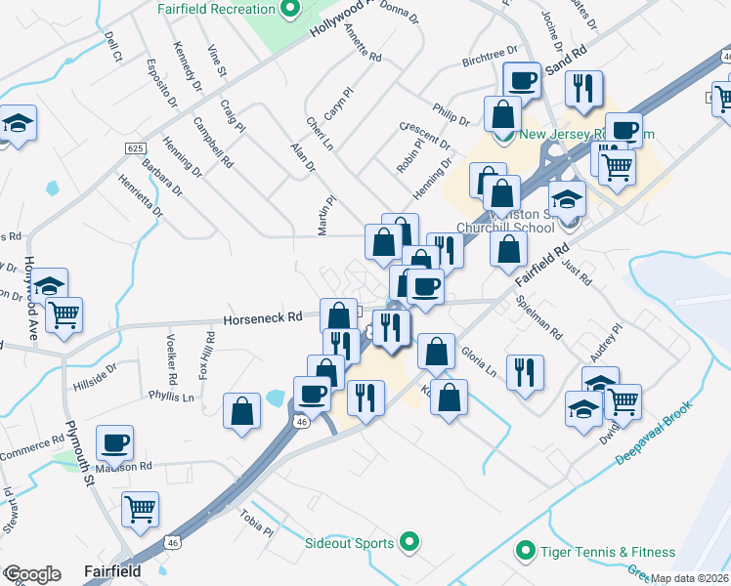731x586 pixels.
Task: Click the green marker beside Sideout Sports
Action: [410, 543]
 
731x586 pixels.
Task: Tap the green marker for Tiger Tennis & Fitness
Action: [526, 552]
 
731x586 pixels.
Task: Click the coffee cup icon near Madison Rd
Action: [115, 443]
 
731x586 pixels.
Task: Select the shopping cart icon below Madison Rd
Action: [140, 508]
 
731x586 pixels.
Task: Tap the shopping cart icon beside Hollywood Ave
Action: [64, 314]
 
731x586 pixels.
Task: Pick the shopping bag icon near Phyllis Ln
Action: [241, 411]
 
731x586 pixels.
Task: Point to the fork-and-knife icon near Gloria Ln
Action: [526, 372]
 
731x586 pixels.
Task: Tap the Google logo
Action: [31, 574]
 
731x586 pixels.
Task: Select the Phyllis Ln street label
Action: [171, 398]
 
